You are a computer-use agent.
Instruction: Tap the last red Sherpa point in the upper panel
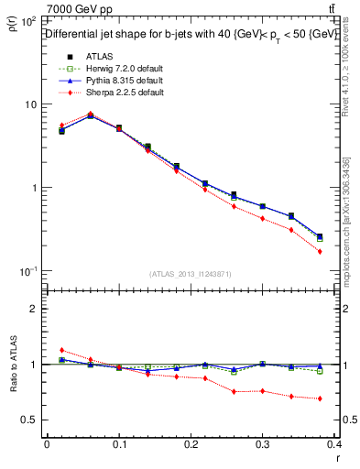coord(320,251)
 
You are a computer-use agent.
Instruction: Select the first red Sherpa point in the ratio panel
coord(61,350)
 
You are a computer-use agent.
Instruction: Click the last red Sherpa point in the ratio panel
coord(320,398)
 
